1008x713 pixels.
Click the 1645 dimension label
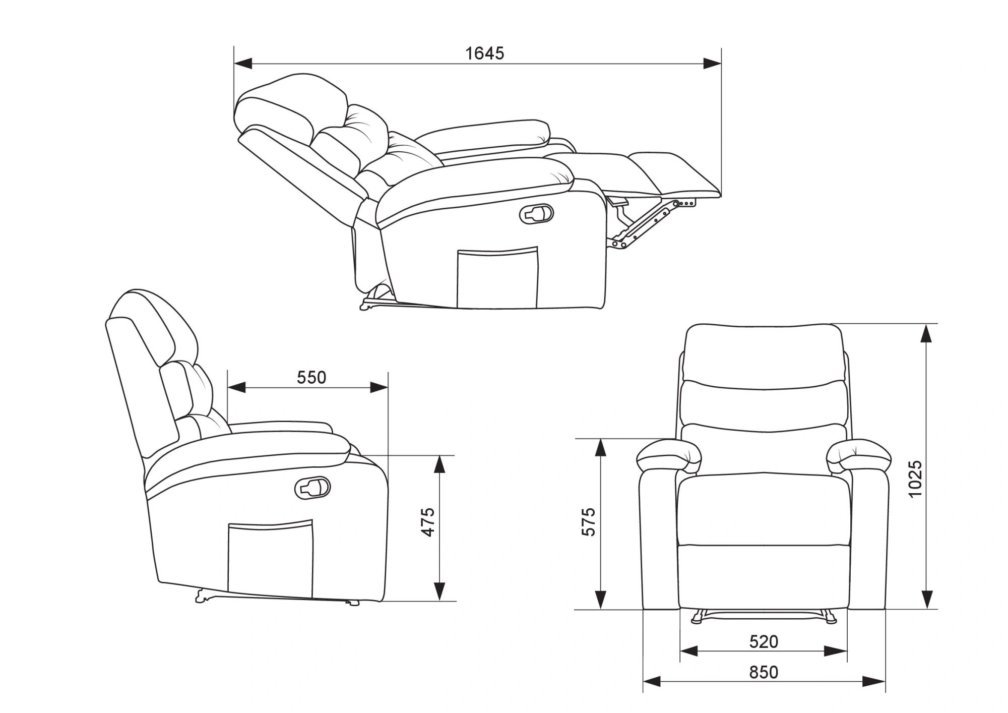484,53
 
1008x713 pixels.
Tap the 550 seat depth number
311,377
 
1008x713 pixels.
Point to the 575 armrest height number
588,522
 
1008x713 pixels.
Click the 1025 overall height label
915,479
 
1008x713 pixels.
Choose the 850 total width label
764,672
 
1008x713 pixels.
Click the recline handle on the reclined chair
536,214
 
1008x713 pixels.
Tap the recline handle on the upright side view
312,488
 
